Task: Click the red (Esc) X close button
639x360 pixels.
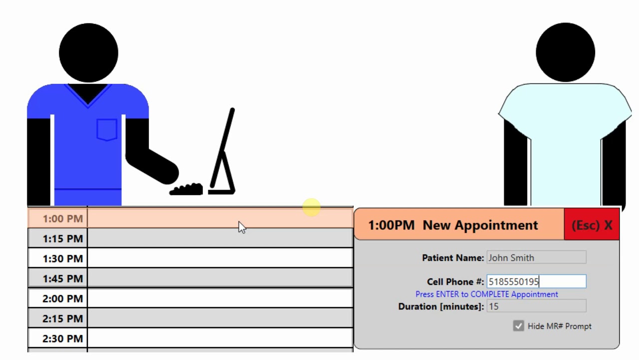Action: point(592,224)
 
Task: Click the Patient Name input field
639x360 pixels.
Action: point(536,257)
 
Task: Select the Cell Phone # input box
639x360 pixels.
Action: point(536,281)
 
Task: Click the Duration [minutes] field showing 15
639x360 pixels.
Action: point(536,306)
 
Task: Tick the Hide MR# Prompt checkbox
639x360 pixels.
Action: point(518,325)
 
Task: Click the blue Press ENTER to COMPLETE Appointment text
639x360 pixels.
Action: point(486,294)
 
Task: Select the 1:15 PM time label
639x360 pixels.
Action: point(63,238)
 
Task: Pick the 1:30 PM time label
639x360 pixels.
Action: point(63,258)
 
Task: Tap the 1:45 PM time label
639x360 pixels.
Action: point(63,278)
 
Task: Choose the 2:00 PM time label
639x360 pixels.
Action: point(63,298)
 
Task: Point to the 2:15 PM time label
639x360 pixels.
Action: point(63,318)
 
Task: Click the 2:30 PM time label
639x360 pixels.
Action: point(63,338)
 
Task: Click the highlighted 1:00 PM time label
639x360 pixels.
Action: point(63,218)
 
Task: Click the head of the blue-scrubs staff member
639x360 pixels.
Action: point(88,53)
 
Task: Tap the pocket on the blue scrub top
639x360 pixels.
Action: point(107,129)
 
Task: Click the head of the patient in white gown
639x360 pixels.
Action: point(566,52)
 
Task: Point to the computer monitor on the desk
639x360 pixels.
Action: point(223,151)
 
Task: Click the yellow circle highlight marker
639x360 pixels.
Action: point(311,207)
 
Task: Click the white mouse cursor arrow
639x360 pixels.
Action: point(242,227)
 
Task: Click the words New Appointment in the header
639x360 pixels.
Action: point(480,225)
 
